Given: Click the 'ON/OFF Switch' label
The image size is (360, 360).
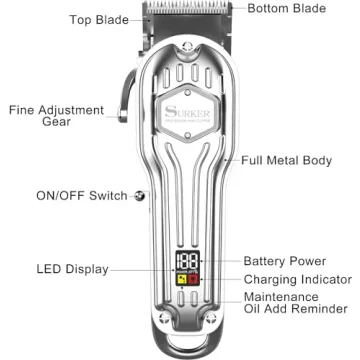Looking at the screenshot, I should tap(81, 196).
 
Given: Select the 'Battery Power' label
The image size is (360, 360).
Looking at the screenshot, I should tap(289, 260).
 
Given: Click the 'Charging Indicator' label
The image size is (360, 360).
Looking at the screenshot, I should tap(296, 280).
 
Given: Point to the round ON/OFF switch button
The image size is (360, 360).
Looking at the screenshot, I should tap(139, 196).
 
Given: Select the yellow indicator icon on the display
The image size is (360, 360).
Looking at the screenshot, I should tap(181, 276).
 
